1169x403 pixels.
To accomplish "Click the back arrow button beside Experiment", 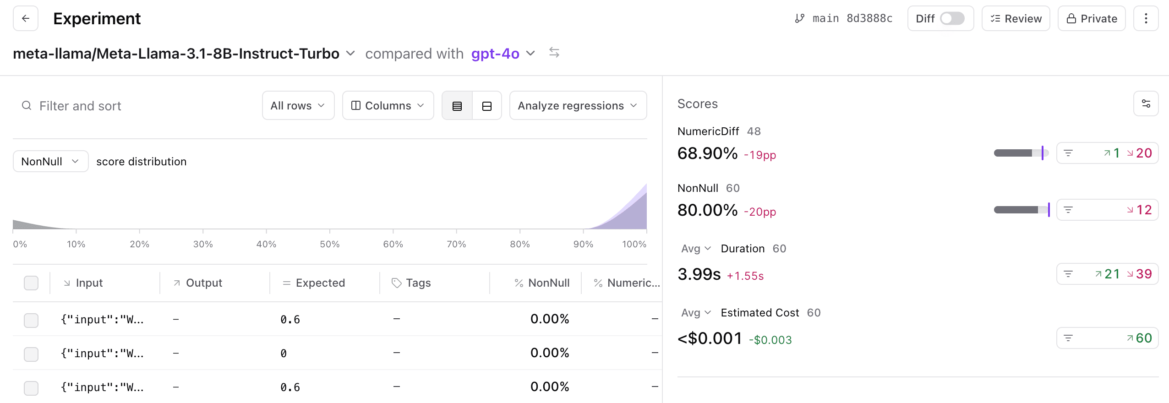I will pos(26,18).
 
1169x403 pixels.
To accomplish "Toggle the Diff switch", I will pos(952,18).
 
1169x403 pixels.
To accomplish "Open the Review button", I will pos(1016,18).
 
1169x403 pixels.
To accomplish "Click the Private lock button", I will pos(1091,18).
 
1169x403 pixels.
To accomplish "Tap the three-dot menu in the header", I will pos(1146,18).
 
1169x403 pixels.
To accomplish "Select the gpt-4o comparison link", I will pos(495,54).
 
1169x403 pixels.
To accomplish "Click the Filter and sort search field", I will pos(137,106).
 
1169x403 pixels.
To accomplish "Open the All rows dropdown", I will pos(298,106).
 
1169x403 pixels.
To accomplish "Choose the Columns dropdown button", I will pos(388,106).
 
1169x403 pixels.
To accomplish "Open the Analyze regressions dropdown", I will pos(578,106).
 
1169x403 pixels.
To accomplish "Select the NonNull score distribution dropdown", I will pos(50,161).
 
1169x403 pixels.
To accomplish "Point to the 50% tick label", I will pos(329,244).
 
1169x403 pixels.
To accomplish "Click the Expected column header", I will pos(320,283).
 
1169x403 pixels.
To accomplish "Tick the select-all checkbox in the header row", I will pos(31,283).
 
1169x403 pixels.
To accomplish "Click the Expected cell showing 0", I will pos(284,353).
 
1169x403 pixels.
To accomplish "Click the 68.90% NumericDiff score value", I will pos(707,153).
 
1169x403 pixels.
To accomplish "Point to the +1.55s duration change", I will pos(745,276).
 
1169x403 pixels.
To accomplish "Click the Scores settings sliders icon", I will pos(1146,103).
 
